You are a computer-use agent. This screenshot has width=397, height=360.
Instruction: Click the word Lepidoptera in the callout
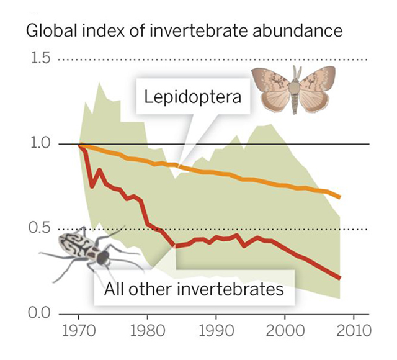184,97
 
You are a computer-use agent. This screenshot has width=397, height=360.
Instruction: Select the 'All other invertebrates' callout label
194,289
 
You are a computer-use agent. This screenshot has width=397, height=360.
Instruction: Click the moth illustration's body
294,90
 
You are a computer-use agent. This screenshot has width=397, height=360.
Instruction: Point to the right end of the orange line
340,197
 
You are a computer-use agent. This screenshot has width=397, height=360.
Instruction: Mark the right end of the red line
340,278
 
